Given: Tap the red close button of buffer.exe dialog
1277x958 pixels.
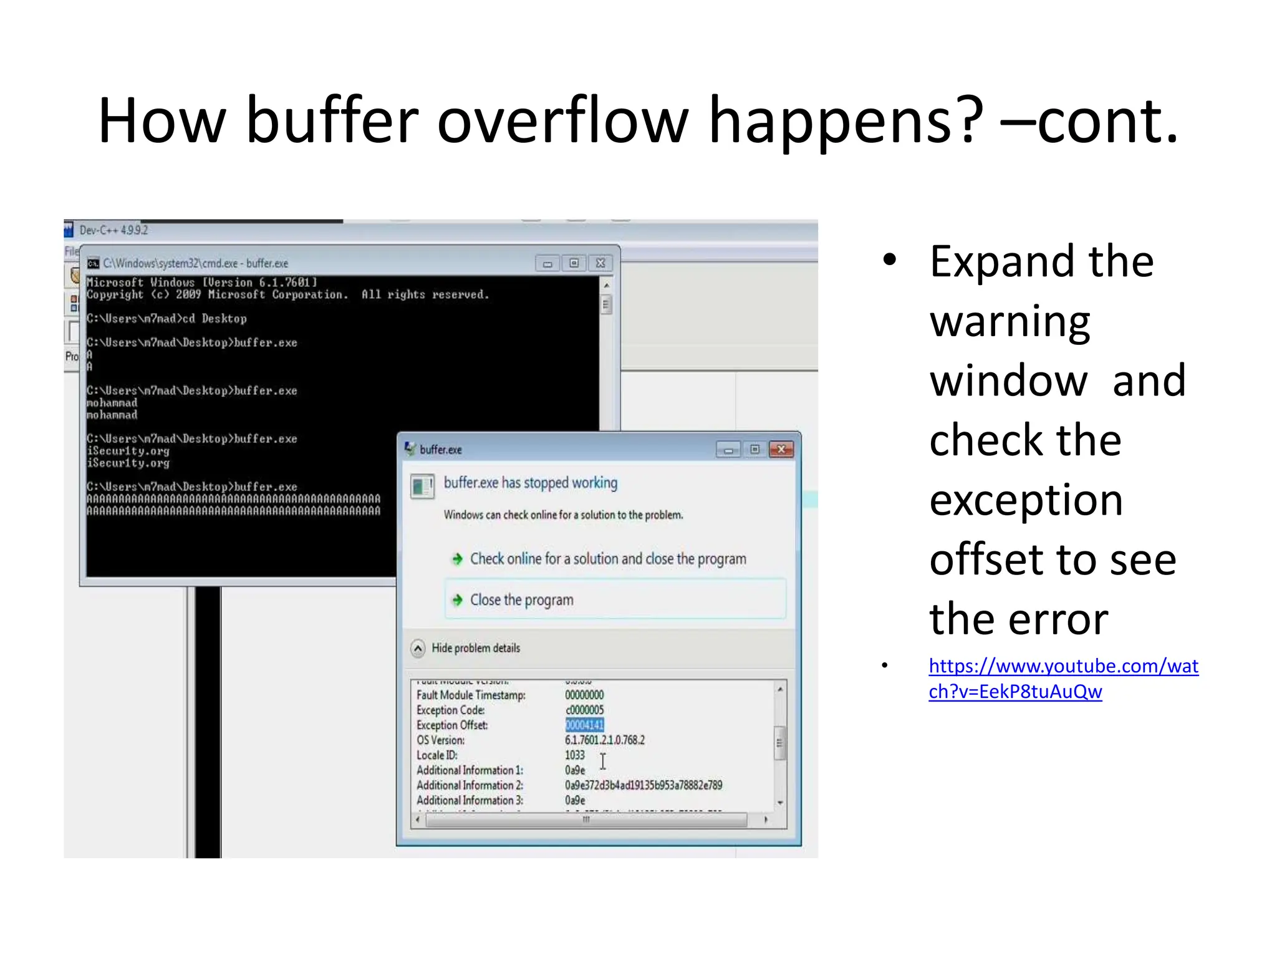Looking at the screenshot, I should click(x=781, y=450).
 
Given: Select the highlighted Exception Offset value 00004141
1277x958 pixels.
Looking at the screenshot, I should click(x=584, y=725).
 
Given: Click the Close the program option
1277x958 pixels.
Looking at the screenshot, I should click(x=521, y=600).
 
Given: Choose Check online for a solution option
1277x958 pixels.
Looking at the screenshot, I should click(x=607, y=559).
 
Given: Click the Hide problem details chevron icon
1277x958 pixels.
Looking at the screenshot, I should click(x=418, y=649).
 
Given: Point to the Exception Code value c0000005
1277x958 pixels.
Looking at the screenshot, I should click(x=584, y=710).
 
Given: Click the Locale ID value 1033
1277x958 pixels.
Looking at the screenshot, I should click(x=575, y=755).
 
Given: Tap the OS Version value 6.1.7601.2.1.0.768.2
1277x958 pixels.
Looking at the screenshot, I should click(x=604, y=740).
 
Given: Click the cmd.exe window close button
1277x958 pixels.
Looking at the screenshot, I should click(x=600, y=263).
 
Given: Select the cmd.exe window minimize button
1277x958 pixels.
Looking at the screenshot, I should click(x=547, y=263).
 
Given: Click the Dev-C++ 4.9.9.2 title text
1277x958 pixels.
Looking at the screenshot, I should click(x=113, y=230).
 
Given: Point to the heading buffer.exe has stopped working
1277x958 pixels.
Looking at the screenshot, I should click(x=530, y=483).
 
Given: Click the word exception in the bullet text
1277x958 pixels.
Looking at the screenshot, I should click(x=1026, y=500).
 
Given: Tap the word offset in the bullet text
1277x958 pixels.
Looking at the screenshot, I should click(x=981, y=559).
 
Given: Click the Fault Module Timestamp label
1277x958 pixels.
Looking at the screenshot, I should click(x=471, y=695).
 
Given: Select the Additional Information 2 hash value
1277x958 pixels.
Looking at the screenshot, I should click(x=643, y=785).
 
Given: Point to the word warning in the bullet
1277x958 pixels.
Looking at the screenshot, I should click(x=1010, y=322).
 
